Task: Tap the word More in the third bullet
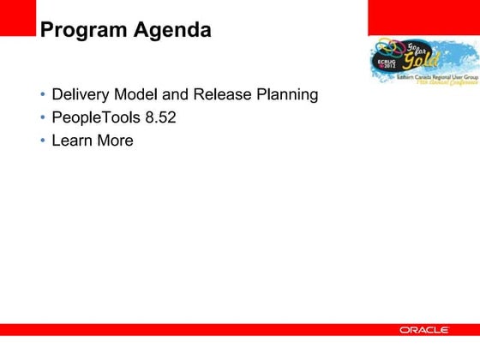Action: [115, 141]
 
